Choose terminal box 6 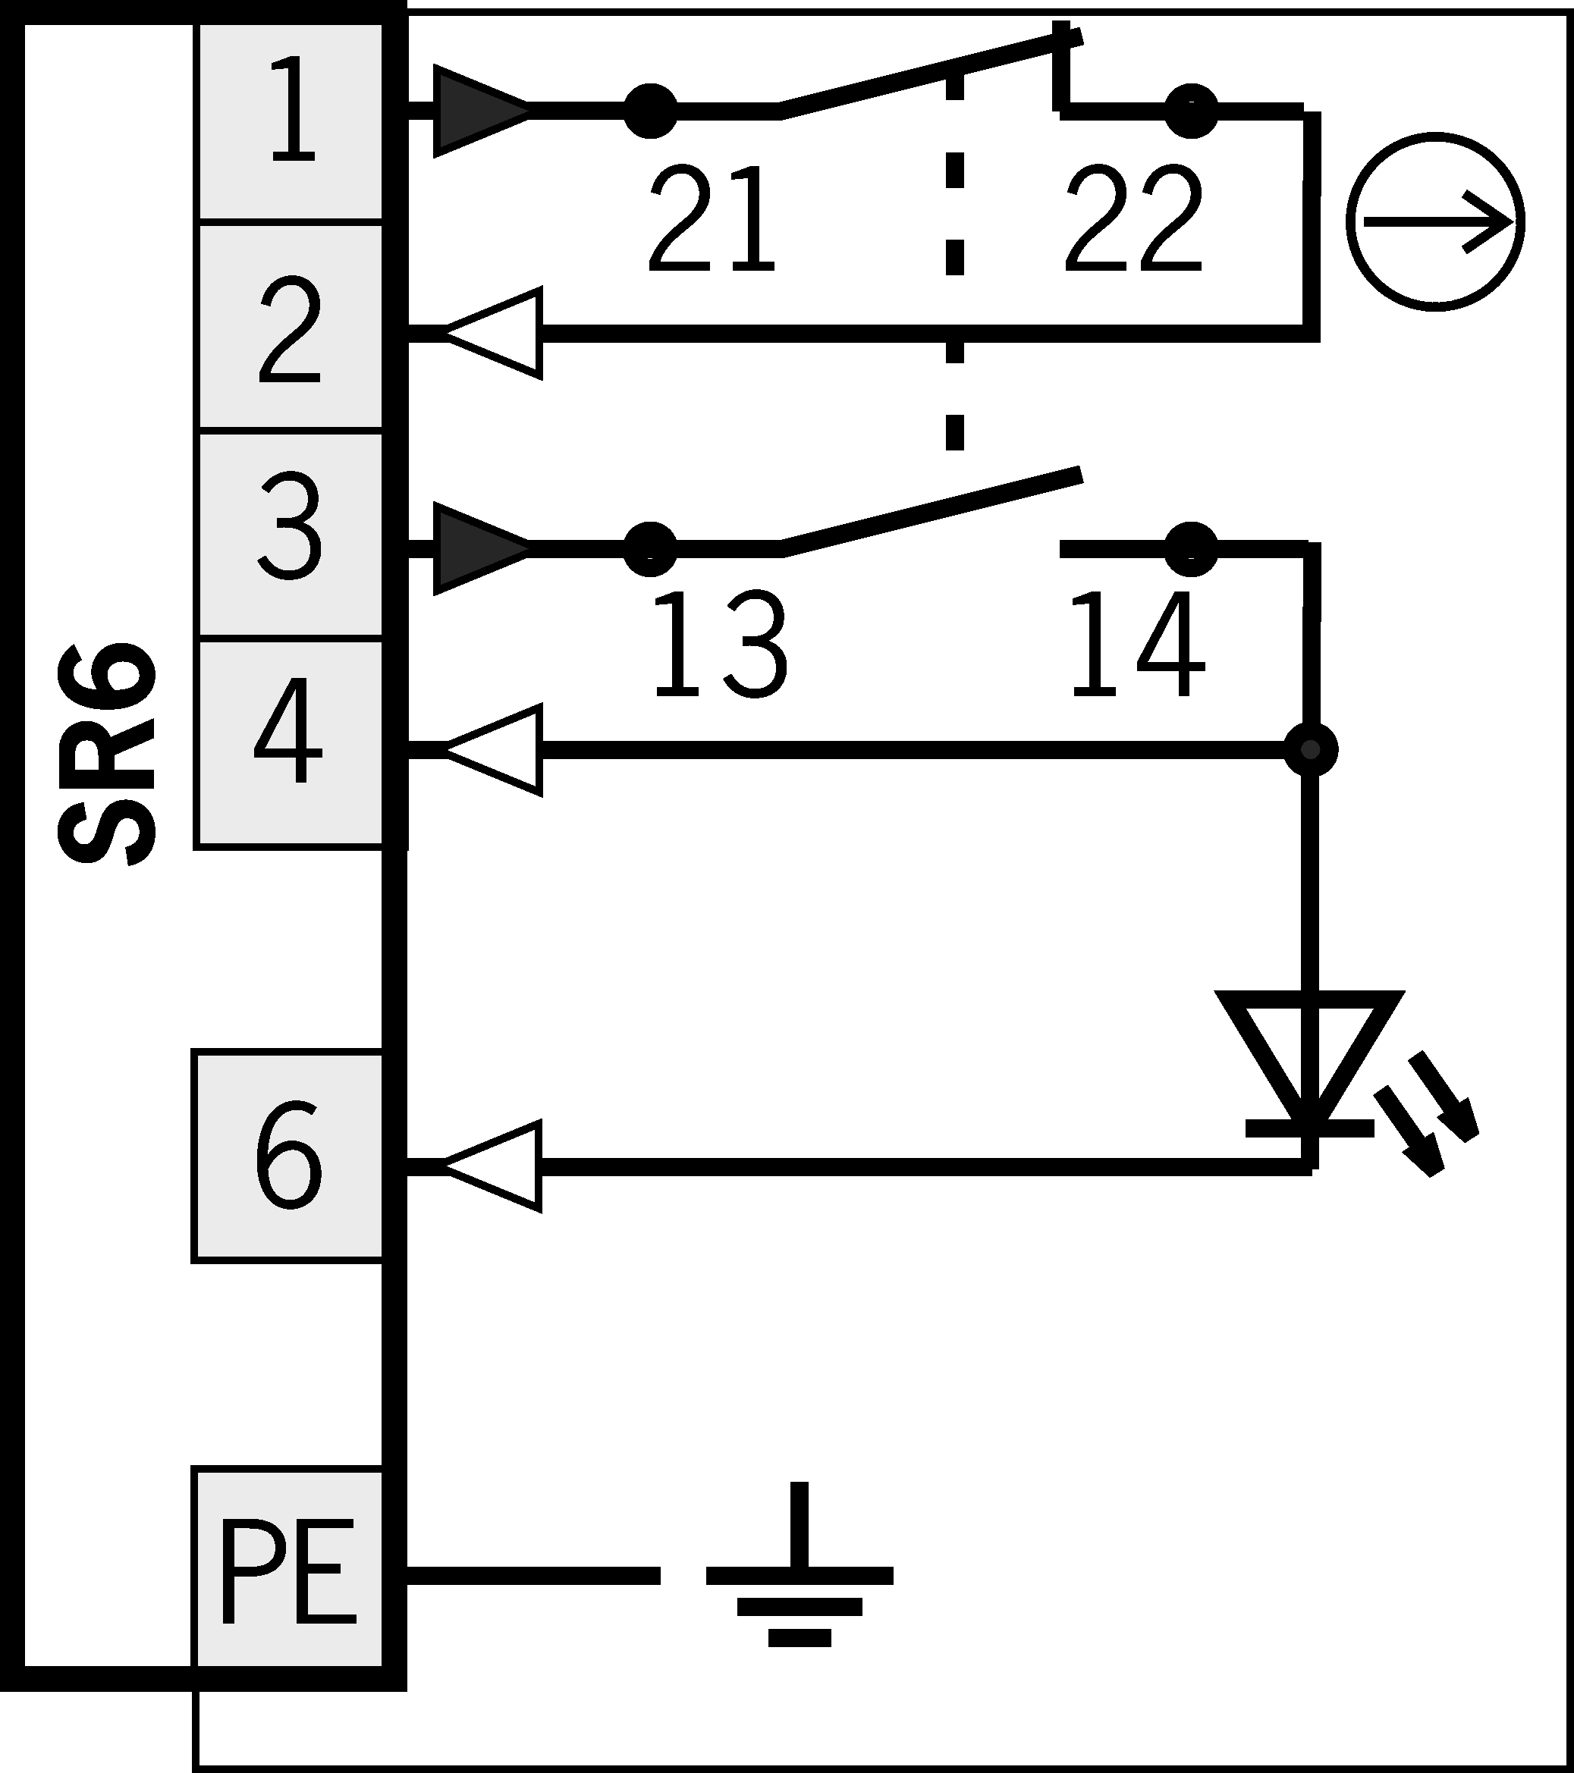pyautogui.click(x=288, y=1156)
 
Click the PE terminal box pyautogui.click(x=288, y=1569)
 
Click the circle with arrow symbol pyautogui.click(x=1436, y=222)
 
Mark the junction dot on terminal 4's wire pyautogui.click(x=1310, y=749)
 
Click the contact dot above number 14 pyautogui.click(x=1192, y=548)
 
